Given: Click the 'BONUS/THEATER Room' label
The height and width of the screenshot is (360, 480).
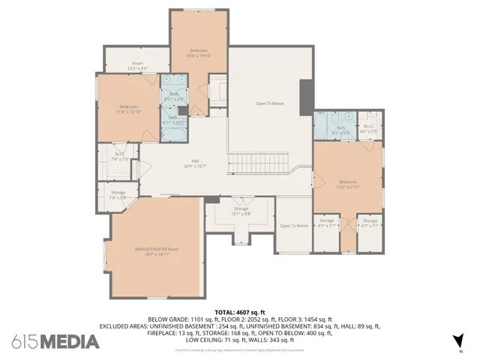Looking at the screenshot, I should click(157, 251).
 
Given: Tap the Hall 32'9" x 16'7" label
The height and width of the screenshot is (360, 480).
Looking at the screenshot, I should click(195, 163).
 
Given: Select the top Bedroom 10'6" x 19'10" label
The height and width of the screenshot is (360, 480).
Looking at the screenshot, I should click(198, 52).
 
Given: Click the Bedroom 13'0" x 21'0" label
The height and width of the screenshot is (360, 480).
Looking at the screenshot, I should click(349, 184).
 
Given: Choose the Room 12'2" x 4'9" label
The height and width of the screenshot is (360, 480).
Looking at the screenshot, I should click(137, 65).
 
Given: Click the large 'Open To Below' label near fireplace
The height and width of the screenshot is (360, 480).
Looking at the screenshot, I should click(269, 103).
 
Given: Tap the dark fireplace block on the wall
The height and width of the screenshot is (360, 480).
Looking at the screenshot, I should click(304, 97).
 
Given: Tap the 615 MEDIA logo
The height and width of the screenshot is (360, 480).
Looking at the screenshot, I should click(55, 341).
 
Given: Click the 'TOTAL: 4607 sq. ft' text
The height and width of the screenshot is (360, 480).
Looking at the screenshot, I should click(239, 311).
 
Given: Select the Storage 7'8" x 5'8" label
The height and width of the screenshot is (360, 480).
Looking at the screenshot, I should click(118, 195).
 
